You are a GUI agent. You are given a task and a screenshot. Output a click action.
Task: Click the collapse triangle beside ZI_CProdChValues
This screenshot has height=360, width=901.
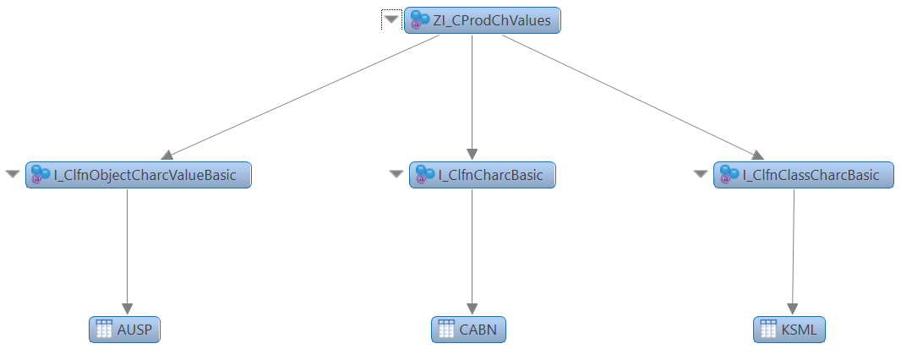[x=391, y=20]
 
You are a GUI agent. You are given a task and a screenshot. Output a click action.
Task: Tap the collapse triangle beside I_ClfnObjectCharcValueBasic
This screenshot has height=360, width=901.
[x=13, y=174]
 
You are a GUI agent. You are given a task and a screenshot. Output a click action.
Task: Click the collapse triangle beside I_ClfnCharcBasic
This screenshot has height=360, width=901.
[x=396, y=174]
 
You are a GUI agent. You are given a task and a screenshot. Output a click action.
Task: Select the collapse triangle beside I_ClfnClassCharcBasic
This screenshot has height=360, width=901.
[x=700, y=174]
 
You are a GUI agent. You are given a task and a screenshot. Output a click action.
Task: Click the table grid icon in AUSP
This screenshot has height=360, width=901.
[x=104, y=330]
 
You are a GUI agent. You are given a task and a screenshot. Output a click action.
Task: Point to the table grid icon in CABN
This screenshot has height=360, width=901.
[x=446, y=330]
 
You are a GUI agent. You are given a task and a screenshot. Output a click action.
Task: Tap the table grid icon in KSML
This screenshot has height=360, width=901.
[x=768, y=330]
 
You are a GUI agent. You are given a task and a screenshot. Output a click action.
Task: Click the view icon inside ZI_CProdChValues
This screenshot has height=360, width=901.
[x=418, y=21]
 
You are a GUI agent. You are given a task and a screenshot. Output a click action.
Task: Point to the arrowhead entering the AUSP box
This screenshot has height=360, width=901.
[x=128, y=308]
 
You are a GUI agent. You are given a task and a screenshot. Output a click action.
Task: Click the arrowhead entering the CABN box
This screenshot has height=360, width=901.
[x=472, y=308]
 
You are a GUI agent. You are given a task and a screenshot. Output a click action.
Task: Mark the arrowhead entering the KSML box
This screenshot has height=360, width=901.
[x=792, y=308]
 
